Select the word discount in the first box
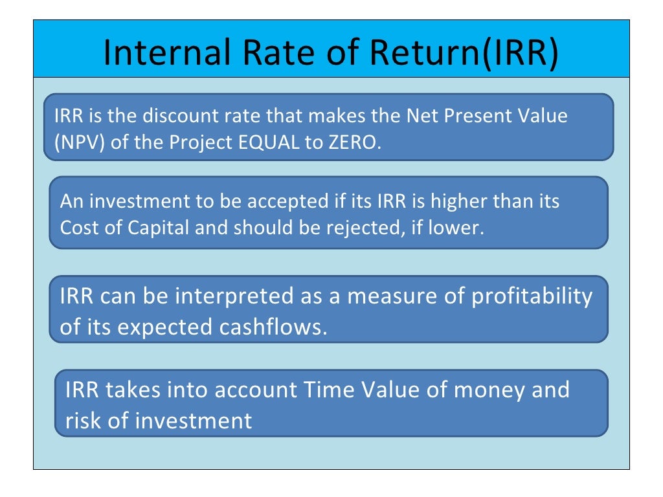pyautogui.click(x=177, y=116)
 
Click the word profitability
pyautogui.click(x=531, y=296)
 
